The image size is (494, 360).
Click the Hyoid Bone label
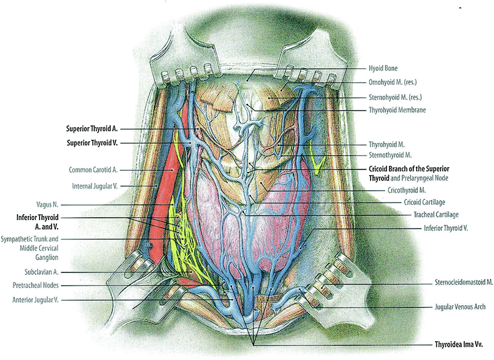point(383,68)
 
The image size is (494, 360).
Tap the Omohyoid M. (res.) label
point(393,82)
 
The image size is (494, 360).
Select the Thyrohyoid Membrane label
point(397,110)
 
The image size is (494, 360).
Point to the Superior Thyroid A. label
point(92,129)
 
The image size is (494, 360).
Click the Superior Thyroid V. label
point(92,143)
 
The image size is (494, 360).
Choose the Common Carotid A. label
point(93,170)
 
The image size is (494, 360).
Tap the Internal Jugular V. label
point(95,186)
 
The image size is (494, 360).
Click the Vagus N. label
point(47,204)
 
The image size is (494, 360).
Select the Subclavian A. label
point(41,272)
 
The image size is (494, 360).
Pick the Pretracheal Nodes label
point(36,285)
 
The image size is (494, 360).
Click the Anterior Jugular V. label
point(35,300)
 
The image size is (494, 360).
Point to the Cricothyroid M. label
point(407,190)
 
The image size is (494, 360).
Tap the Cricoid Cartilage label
point(424,202)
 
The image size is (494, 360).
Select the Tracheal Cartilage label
point(436,215)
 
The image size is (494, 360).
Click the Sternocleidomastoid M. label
point(464,282)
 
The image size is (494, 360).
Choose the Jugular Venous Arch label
point(460,306)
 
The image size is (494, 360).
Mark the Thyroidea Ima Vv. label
point(459,344)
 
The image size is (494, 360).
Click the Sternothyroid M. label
point(390,155)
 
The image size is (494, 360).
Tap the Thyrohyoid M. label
point(386,145)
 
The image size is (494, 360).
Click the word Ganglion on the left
point(47,258)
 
